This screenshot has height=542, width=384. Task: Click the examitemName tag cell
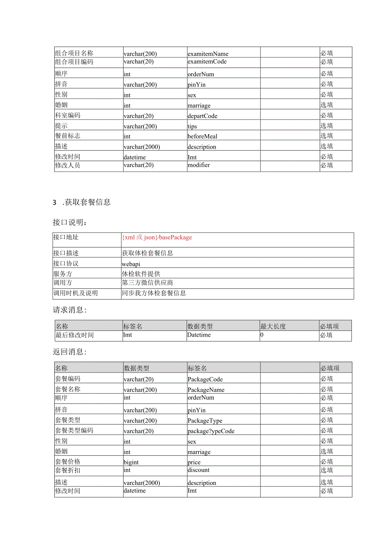point(208,54)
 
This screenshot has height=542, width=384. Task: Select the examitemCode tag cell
point(207,62)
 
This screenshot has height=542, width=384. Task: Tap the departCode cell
point(202,116)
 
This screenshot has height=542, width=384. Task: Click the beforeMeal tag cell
point(202,136)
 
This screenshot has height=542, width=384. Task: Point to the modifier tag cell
point(199,165)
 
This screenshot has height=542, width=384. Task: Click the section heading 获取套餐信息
point(88,202)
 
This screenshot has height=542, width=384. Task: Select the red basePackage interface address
point(157,237)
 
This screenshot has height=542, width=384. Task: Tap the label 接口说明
point(68,222)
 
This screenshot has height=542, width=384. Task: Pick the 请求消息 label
point(69,310)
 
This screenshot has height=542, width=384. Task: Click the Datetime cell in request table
point(199,335)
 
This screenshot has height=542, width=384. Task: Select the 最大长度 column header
point(273,326)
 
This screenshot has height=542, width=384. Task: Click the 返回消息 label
point(69,352)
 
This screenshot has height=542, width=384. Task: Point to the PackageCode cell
point(205,379)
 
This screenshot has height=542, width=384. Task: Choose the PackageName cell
point(206,390)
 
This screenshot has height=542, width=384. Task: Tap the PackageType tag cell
point(205,421)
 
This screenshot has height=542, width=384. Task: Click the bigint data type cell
point(131,462)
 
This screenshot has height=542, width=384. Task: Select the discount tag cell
point(199,470)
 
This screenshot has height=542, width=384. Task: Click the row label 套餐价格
point(68,462)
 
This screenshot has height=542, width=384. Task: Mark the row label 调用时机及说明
point(75,293)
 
